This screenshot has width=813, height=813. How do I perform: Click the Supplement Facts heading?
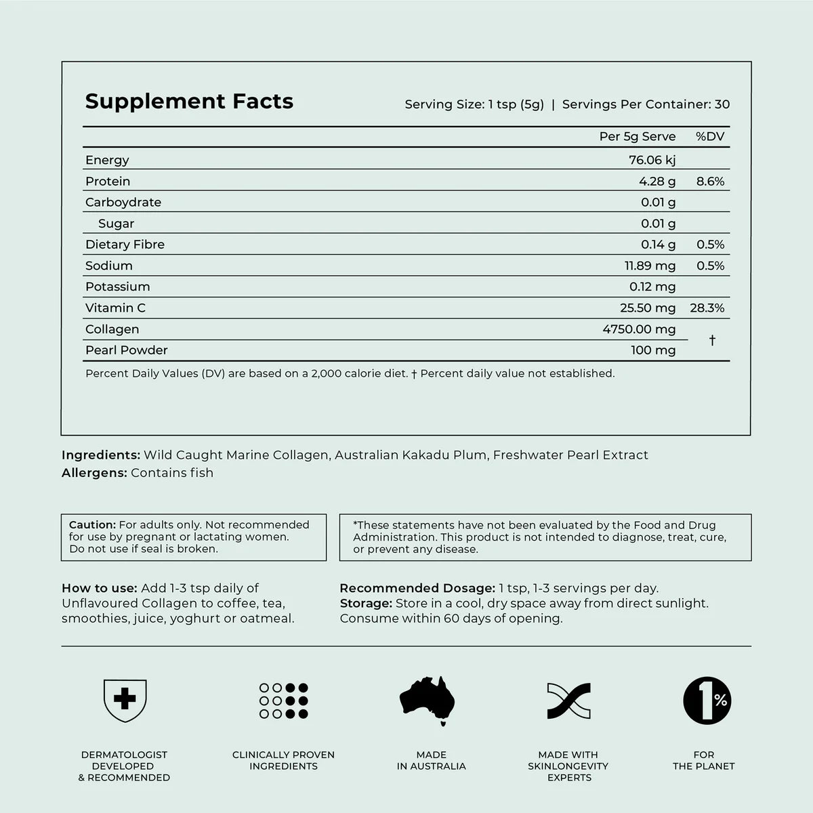(189, 101)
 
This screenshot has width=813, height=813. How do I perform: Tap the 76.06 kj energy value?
(652, 160)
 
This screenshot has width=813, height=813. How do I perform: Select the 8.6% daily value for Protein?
(710, 181)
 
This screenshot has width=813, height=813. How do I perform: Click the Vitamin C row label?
(115, 308)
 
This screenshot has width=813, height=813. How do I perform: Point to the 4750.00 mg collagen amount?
(639, 329)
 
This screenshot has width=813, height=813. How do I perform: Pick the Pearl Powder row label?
(126, 350)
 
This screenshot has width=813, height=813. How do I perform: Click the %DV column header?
(710, 136)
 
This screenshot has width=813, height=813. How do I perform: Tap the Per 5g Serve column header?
(638, 136)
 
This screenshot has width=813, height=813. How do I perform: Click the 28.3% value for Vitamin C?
(707, 308)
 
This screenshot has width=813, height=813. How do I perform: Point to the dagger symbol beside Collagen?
(712, 340)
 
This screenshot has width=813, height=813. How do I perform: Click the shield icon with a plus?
(125, 700)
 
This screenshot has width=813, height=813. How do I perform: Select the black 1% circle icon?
(707, 700)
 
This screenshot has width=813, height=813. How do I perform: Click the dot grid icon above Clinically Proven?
(283, 700)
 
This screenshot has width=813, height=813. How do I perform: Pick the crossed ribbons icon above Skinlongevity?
(568, 700)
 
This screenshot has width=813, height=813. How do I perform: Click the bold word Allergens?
(94, 473)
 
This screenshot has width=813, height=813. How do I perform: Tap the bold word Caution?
(93, 524)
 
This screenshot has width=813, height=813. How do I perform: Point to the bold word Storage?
(366, 603)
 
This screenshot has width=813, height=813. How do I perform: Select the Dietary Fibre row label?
(125, 245)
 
